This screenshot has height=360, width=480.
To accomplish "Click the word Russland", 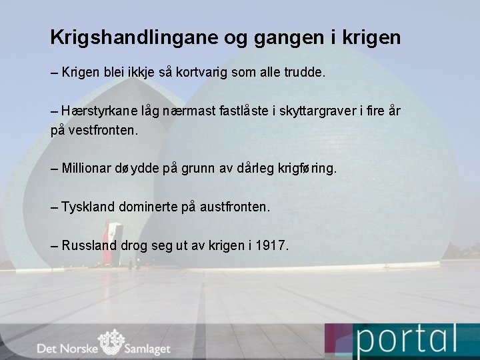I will coord(89,245).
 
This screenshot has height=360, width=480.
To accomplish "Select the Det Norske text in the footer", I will coord(67,348).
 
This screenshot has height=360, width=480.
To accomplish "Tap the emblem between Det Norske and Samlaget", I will coord(111,343).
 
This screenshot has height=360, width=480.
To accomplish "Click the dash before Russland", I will coord(54,245).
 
